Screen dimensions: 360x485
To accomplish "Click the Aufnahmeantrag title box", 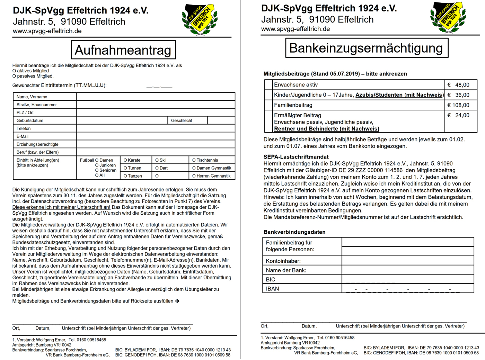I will [123, 50].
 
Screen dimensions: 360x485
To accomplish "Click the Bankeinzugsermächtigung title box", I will [367, 48].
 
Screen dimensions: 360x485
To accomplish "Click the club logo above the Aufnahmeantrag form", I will [200, 19].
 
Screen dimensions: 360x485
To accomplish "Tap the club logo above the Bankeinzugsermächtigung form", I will [448, 17].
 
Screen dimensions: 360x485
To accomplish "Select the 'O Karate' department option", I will [132, 160].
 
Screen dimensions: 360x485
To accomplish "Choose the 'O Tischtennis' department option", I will [205, 160].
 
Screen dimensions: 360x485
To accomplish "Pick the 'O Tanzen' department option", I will [133, 176].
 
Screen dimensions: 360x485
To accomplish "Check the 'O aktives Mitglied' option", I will [30, 71].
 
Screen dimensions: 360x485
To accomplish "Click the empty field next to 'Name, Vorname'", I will [156, 97].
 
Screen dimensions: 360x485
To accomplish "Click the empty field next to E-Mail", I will [156, 136].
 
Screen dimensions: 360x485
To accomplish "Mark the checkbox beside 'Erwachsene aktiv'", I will [268, 85].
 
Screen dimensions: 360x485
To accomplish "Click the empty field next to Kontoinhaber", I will [407, 261].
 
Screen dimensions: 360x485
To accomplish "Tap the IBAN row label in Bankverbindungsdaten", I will [272, 289].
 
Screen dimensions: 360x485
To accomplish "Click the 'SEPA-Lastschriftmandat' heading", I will [296, 157].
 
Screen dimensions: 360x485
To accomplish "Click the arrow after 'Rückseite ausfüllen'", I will [177, 301].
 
